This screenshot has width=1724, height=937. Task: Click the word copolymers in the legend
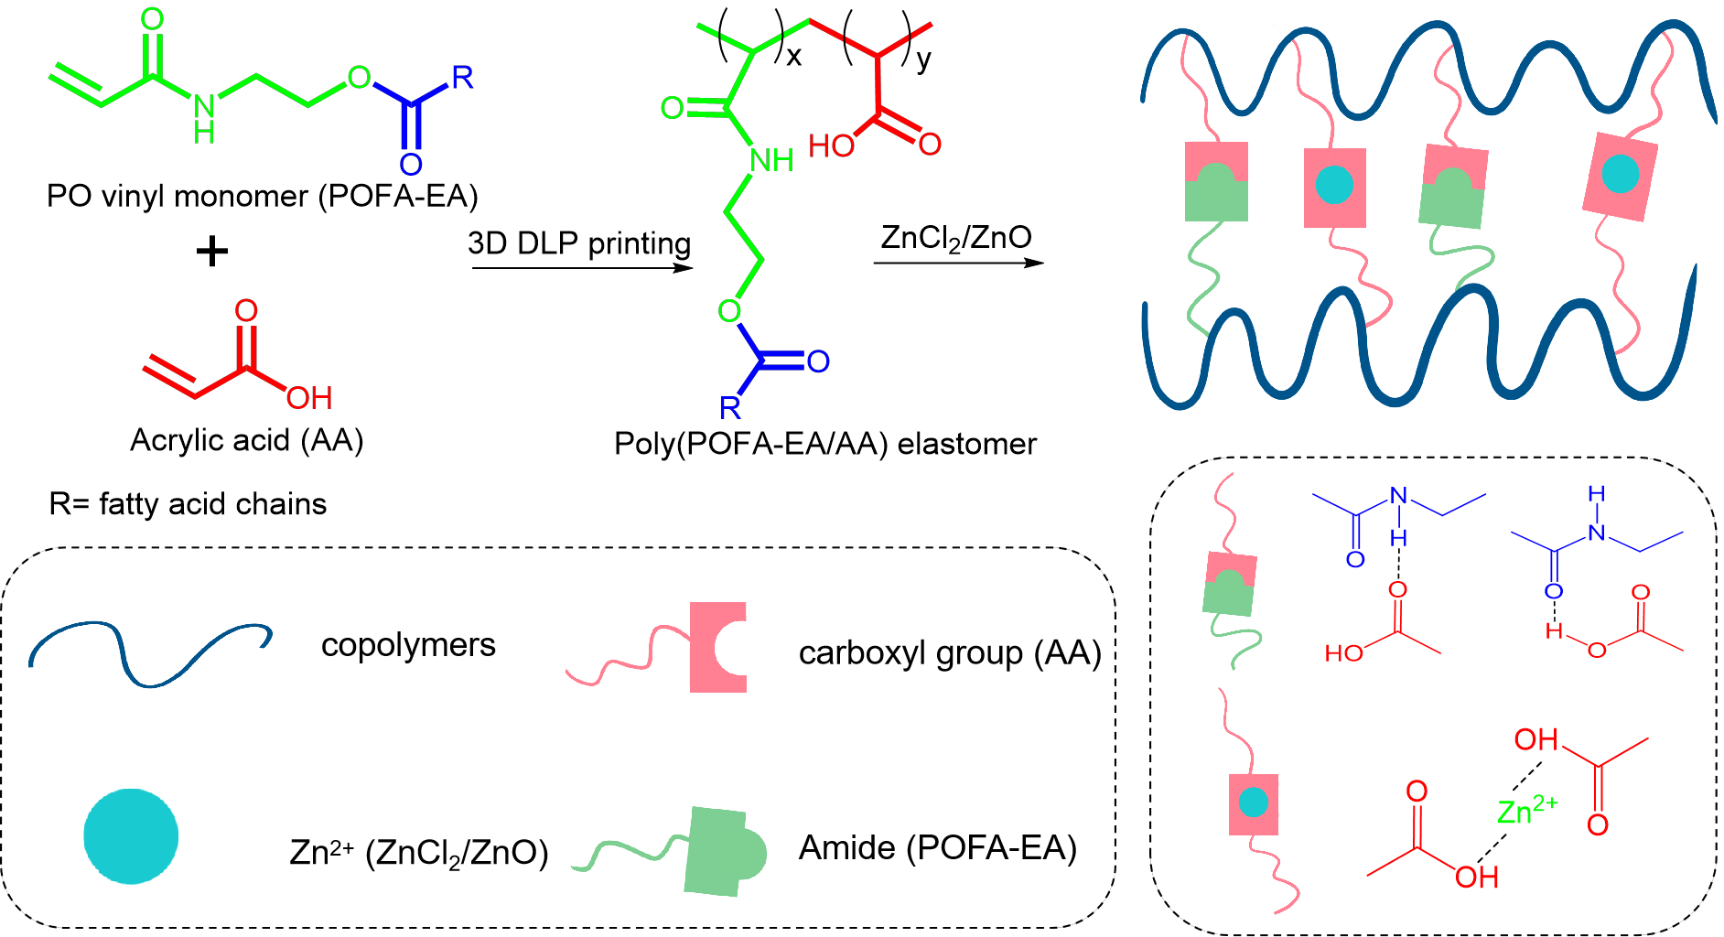click(x=408, y=645)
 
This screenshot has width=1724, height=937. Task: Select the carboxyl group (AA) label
click(x=949, y=653)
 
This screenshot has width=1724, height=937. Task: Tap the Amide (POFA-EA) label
click(x=937, y=848)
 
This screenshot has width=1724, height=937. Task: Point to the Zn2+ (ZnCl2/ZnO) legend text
click(x=418, y=852)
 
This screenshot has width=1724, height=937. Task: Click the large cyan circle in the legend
click(x=131, y=836)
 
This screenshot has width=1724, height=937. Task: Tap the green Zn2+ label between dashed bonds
click(x=1526, y=810)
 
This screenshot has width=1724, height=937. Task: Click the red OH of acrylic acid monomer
click(x=308, y=399)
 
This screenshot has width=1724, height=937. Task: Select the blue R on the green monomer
click(x=462, y=78)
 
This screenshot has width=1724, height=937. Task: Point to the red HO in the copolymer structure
click(x=831, y=146)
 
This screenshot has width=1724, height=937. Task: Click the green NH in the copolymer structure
click(x=770, y=161)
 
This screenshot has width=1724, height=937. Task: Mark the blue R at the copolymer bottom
click(x=729, y=408)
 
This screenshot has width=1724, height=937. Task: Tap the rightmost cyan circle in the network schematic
click(x=1621, y=173)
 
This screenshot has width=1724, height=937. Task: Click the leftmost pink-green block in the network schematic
click(x=1216, y=182)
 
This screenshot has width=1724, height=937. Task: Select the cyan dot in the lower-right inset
click(x=1253, y=802)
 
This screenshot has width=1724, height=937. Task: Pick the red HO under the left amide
click(x=1343, y=653)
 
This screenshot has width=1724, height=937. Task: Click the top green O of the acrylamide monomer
click(x=152, y=19)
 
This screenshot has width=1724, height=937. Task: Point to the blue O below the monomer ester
click(x=411, y=165)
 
